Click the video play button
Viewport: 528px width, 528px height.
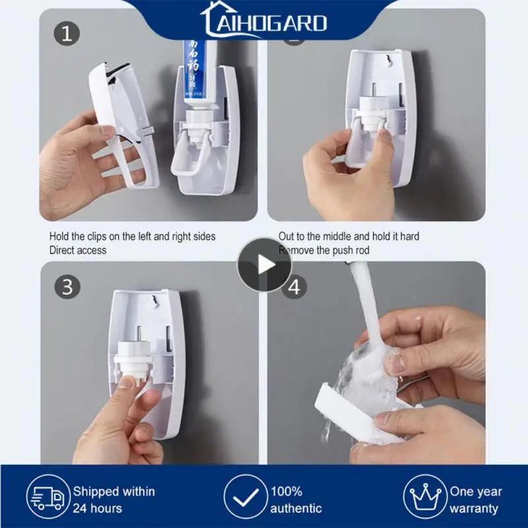tap(264, 265)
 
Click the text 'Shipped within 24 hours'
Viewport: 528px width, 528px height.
tap(114, 500)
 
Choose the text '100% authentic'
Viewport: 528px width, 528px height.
tap(296, 500)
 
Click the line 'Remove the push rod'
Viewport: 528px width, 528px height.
tap(325, 250)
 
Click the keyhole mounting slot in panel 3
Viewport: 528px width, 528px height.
tap(153, 302)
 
